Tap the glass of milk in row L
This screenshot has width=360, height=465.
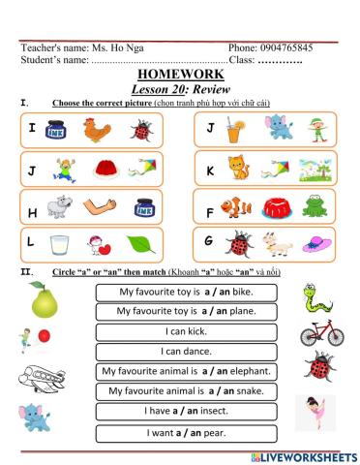coord(59,244)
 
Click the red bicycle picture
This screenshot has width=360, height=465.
coord(319,333)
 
